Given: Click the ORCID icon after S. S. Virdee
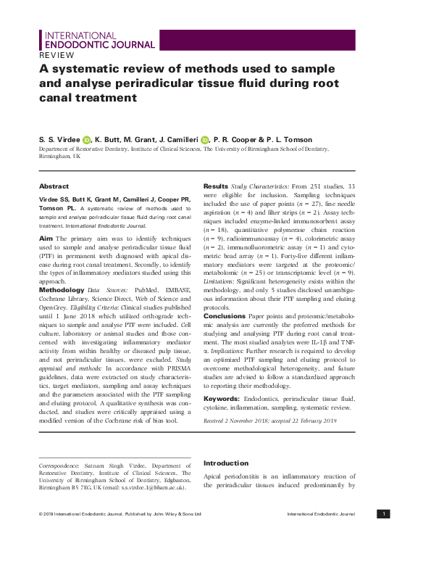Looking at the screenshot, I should [x=87, y=139].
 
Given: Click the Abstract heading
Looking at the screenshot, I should [x=54, y=186].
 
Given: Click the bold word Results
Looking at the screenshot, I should [x=215, y=186].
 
